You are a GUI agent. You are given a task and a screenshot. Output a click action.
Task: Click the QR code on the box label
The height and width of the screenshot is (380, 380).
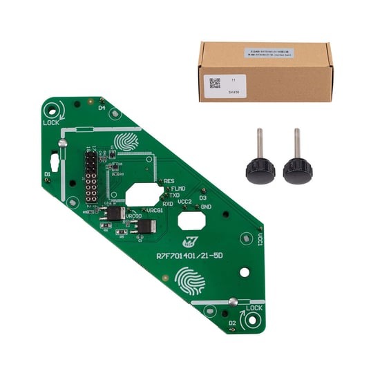tap(213, 81)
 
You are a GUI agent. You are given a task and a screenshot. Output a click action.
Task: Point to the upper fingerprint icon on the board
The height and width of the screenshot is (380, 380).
tap(126, 142)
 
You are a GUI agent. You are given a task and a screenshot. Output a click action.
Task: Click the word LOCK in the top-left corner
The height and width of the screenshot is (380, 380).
tap(51, 122)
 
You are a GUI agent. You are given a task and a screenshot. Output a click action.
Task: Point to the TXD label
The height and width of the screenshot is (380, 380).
tap(175, 195)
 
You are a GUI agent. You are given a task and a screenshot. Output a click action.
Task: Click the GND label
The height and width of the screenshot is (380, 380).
tap(206, 206)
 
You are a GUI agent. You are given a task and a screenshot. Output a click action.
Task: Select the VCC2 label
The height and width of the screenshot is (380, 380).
tap(185, 202)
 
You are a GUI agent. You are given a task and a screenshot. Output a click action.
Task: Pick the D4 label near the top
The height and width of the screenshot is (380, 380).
tap(101, 107)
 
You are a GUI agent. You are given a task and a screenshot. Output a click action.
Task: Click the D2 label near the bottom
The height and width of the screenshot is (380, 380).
tap(232, 323)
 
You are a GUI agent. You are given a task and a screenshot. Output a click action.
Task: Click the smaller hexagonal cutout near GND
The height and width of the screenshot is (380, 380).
tap(191, 220)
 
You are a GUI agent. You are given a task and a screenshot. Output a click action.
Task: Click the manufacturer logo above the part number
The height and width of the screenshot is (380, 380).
tap(187, 243)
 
